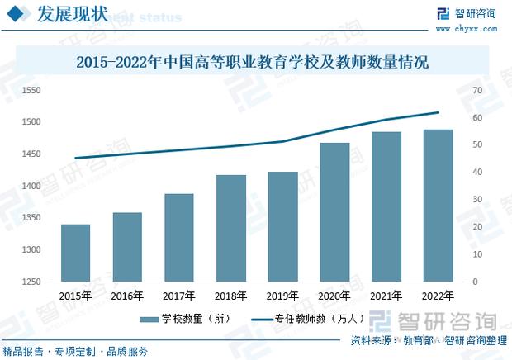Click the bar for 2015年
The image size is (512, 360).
(75, 253)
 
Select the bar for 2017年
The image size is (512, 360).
(178, 238)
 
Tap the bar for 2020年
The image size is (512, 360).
(335, 212)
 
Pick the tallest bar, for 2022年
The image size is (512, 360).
(439, 206)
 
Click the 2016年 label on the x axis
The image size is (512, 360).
(127, 296)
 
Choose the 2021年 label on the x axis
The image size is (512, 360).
(386, 296)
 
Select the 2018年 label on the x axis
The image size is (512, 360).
(230, 296)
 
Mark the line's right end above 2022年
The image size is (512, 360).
(439, 112)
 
